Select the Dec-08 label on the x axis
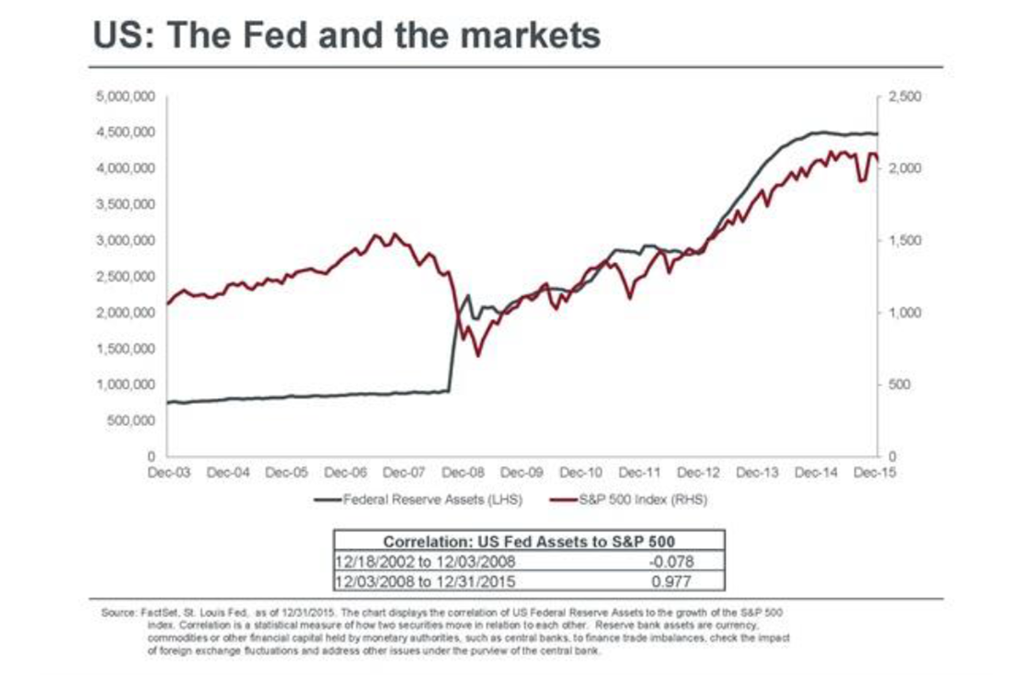click(464, 472)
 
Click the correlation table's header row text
click(529, 541)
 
